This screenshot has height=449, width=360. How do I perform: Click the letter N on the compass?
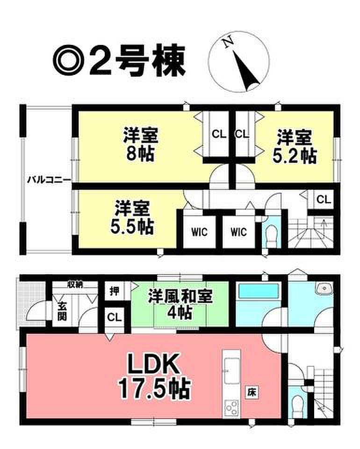(x=228, y=43)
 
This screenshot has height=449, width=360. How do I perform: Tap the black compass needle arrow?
(x=245, y=70)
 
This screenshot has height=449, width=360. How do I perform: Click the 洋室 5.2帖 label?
(x=295, y=146)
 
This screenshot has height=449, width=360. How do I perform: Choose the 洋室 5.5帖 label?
(x=132, y=217)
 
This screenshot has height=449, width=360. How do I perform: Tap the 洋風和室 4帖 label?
(x=180, y=304)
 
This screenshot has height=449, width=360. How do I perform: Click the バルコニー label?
(x=49, y=180)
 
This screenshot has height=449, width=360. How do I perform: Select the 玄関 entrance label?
(x=62, y=311)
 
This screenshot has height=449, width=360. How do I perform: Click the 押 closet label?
(x=114, y=291)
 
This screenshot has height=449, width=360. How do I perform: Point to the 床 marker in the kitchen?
(x=251, y=392)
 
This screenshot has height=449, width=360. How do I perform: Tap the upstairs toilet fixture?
(x=271, y=234)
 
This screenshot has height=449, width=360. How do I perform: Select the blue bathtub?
(x=259, y=292)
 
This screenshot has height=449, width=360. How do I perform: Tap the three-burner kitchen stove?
(x=231, y=407)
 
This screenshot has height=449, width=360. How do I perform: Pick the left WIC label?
(x=199, y=232)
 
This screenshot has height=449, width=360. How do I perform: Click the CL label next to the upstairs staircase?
(x=324, y=199)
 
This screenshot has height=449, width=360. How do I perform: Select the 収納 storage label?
(x=75, y=284)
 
